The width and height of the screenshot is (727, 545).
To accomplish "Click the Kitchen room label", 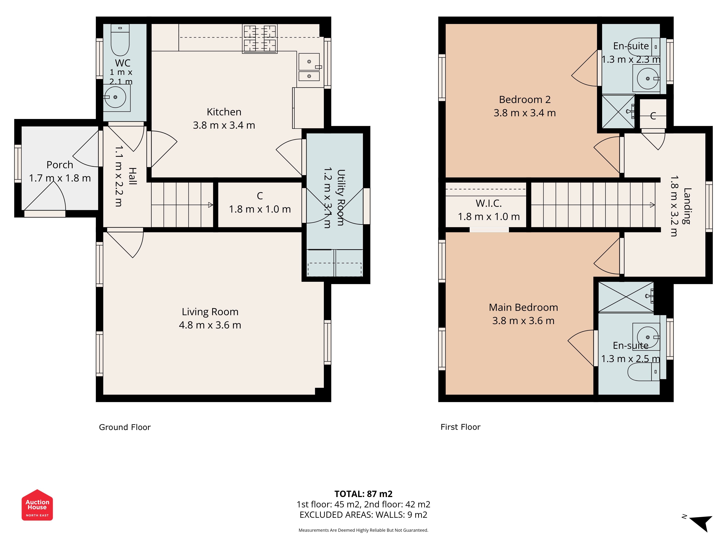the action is [224, 112].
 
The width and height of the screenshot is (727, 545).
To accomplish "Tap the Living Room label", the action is [210, 312].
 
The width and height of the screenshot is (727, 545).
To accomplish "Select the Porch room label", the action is [60, 165].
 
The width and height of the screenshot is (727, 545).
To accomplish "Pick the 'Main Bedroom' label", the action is [523, 308].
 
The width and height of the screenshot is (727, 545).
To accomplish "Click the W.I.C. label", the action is [489, 203].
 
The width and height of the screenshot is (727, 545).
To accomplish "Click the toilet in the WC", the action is [120, 40].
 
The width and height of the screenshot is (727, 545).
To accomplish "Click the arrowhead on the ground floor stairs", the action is [211, 205].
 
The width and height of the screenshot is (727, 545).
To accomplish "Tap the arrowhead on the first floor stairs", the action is [652, 205].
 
